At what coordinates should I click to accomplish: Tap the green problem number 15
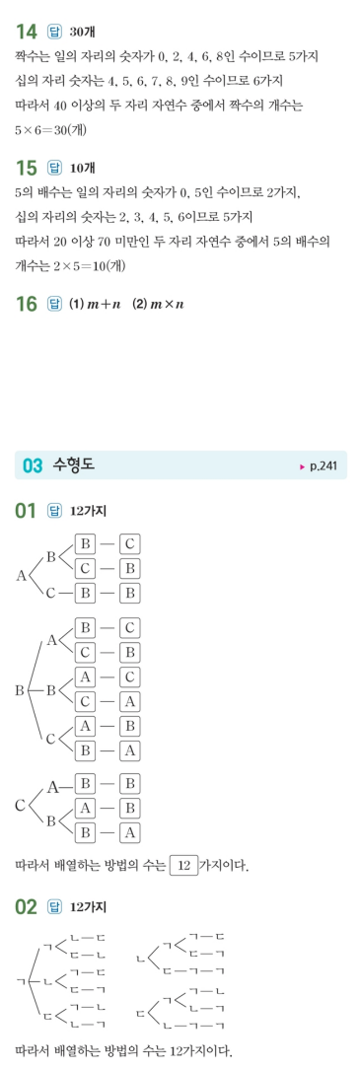[x=28, y=167]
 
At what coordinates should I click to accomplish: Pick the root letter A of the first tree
[x=22, y=575]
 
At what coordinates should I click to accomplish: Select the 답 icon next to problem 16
[x=55, y=304]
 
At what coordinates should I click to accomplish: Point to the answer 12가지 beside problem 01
[x=89, y=512]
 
